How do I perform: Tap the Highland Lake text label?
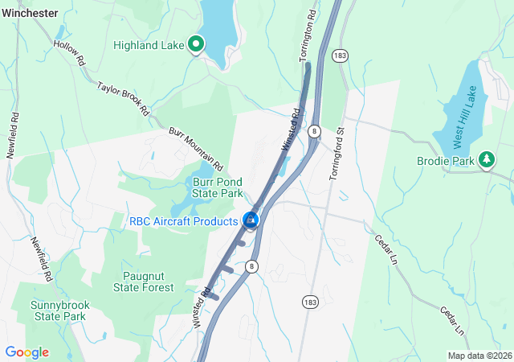[x=149, y=45]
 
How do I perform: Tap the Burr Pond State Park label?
[x=218, y=187]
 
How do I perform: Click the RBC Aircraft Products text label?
[x=185, y=220]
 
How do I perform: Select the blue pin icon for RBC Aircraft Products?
[x=251, y=219]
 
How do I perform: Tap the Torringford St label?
[x=337, y=152]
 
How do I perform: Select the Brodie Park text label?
[x=445, y=160]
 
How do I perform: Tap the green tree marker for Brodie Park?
[x=486, y=159]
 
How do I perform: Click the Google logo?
[x=27, y=352]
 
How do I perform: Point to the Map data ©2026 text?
[x=479, y=356]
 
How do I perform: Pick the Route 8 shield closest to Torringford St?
[x=315, y=130]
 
